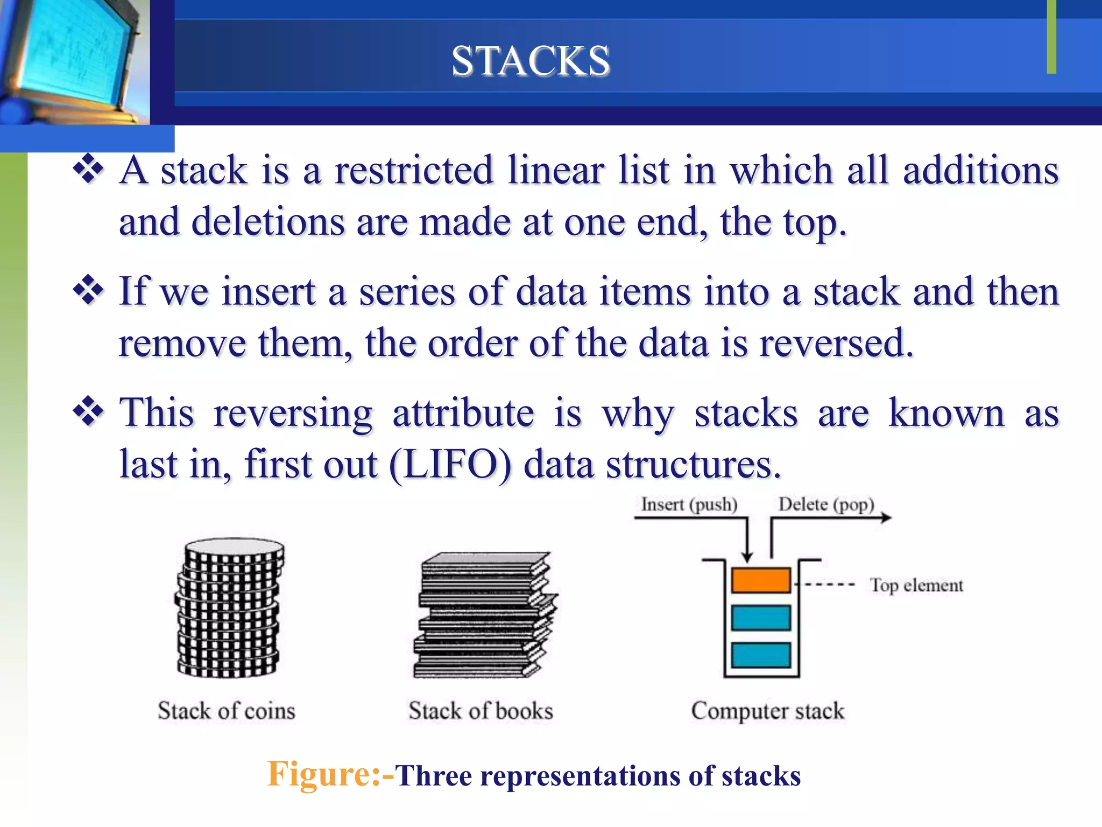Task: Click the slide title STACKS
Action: click(531, 60)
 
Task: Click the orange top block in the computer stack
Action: click(760, 580)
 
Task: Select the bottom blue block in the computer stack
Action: click(760, 655)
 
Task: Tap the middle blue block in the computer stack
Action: click(760, 618)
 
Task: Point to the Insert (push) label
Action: click(689, 504)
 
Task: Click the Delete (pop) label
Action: click(826, 504)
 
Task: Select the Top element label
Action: click(916, 585)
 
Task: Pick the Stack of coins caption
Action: click(227, 711)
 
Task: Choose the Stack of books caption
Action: click(481, 711)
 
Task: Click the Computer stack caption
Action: click(768, 711)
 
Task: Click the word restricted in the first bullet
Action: click(413, 171)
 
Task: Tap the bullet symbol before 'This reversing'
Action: click(88, 412)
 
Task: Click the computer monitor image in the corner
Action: click(73, 59)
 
